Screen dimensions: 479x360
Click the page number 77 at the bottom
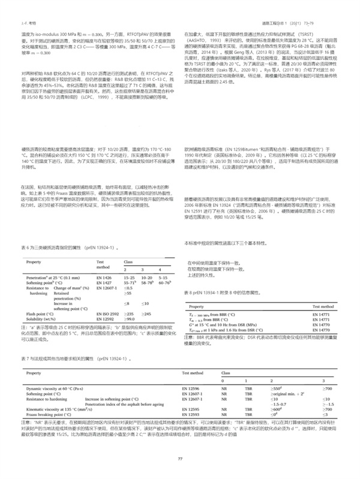click(180, 459)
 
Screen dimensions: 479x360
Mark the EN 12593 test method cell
click(191, 415)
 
